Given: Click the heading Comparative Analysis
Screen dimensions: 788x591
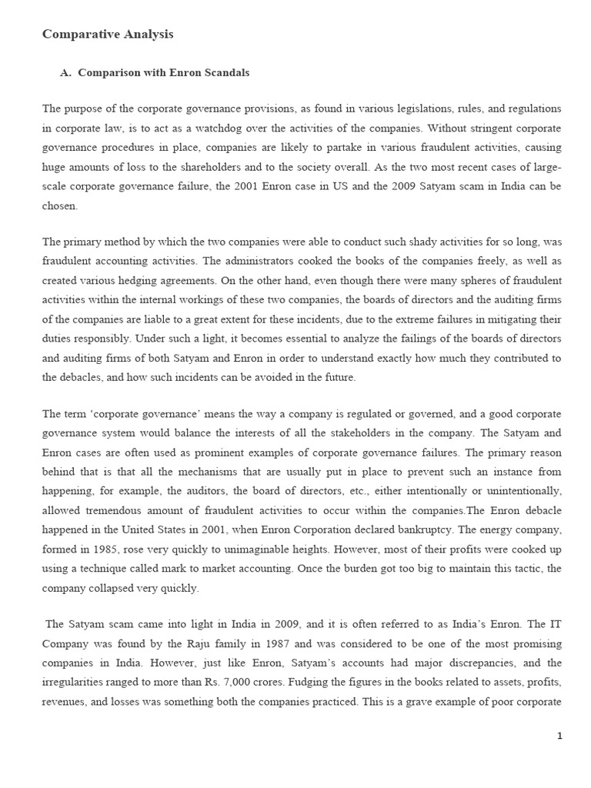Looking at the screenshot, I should coord(107,34).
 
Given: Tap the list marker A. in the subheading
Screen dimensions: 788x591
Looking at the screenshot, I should coord(65,72).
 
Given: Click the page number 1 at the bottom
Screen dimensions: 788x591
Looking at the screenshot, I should coord(559,736).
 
